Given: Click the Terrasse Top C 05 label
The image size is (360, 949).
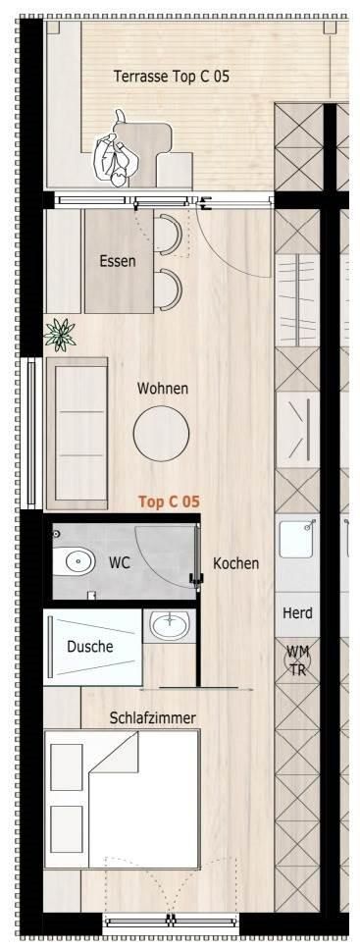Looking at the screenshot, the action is pos(172,77).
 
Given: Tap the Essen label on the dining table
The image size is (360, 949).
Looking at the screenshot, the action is pos(118,262).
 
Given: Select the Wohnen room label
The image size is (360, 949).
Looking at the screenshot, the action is pos(162,388).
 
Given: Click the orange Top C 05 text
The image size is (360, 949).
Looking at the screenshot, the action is pos(169,501).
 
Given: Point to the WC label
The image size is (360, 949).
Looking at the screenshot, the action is pos(120,562).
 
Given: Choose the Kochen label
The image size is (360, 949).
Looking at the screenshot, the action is pos(236,563).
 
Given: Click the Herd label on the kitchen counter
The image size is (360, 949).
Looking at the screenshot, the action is pos(297,613).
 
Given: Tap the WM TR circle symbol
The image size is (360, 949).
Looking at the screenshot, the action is pos(297,660).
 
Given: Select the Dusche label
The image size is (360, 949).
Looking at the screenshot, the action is pos(90,647).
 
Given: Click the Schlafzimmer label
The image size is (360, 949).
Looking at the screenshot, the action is pos(153,718).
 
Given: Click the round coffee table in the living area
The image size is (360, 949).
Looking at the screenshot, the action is pos(162,434).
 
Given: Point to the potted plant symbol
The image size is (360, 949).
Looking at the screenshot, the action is pos(59,334).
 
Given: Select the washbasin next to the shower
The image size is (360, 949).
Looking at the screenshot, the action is pos(170,625).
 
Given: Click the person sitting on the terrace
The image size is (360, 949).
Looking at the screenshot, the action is pos(114,152).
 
